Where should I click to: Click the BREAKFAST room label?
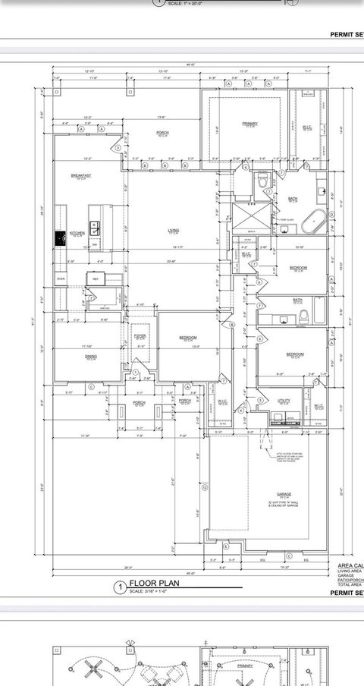tap(81, 175)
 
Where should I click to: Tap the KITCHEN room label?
tap(77, 233)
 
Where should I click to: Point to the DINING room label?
tap(90, 357)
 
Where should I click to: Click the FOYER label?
tap(140, 336)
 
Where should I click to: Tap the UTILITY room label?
tap(284, 401)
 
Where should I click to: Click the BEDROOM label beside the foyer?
tap(188, 338)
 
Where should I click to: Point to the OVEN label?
tap(61, 278)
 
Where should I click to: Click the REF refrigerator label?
tap(96, 278)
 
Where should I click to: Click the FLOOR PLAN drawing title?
tap(146, 584)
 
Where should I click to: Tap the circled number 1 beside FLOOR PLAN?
tap(118, 587)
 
